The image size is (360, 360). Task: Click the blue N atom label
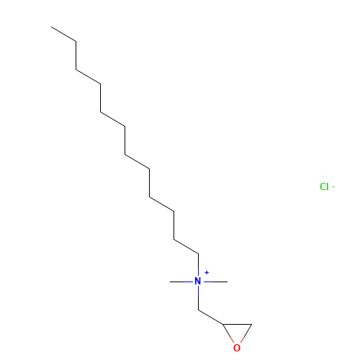(x=198, y=281)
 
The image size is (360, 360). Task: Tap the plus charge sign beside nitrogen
(x=207, y=272)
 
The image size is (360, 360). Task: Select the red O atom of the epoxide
(x=237, y=348)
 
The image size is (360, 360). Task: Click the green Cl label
(x=324, y=186)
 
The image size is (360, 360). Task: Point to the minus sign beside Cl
(x=333, y=186)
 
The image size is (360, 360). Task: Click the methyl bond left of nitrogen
(x=181, y=282)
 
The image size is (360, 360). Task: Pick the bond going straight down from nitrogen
(x=199, y=298)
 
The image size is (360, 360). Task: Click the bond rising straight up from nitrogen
(x=199, y=265)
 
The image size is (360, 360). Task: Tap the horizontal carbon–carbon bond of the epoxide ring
(x=237, y=324)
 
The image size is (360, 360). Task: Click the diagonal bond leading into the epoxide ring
(x=211, y=317)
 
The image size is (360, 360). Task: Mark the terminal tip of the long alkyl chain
(x=51, y=27)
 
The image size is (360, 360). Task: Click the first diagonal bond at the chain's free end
(x=63, y=34)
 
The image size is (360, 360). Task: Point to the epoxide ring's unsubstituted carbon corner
(x=252, y=324)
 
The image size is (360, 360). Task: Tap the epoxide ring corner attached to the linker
(x=222, y=324)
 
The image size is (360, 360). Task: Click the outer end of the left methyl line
(x=170, y=282)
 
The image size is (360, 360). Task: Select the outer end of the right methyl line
(x=228, y=282)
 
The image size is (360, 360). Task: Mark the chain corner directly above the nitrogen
(x=199, y=253)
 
